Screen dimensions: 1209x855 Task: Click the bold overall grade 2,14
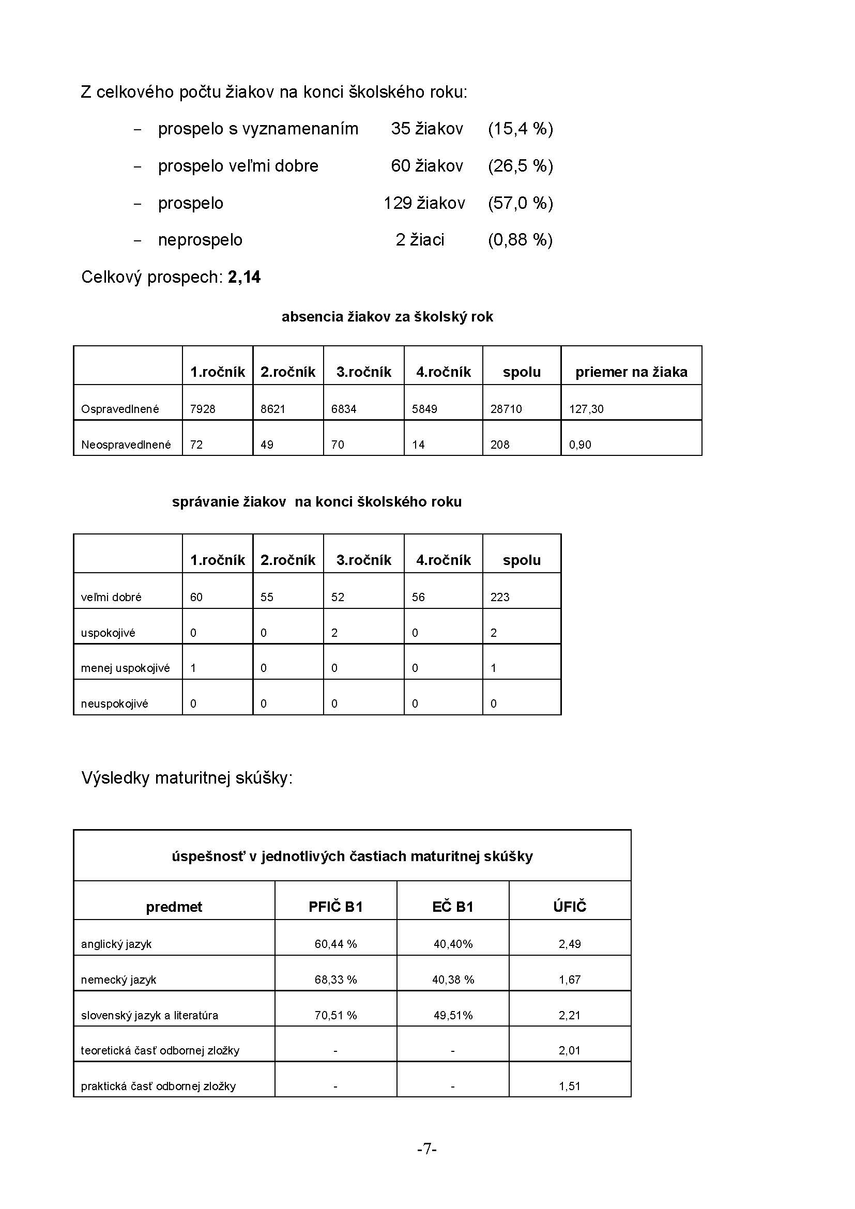tap(245, 277)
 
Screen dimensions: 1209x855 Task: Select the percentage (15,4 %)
tap(520, 129)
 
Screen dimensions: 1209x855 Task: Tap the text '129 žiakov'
tap(424, 203)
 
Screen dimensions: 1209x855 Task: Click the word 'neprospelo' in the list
tap(200, 240)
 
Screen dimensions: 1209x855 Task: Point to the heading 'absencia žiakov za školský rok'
tap(387, 317)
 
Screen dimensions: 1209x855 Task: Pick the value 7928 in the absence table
tap(203, 409)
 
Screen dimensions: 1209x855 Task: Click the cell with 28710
tap(506, 409)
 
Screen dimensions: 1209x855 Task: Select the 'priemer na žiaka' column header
tap(631, 372)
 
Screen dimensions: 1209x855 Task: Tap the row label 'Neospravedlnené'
tap(126, 445)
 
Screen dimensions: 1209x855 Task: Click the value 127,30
tap(586, 409)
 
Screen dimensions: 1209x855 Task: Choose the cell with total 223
tap(500, 597)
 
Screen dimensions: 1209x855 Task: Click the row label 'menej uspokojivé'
tap(125, 668)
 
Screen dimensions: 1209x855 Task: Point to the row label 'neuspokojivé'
tap(114, 704)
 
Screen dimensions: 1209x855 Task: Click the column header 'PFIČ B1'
tap(335, 907)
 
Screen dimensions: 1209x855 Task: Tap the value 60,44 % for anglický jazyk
tap(335, 944)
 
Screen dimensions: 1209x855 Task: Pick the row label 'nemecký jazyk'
tap(118, 980)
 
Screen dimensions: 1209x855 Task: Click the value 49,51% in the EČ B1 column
tap(453, 1015)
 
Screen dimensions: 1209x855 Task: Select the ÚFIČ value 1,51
tap(570, 1086)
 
